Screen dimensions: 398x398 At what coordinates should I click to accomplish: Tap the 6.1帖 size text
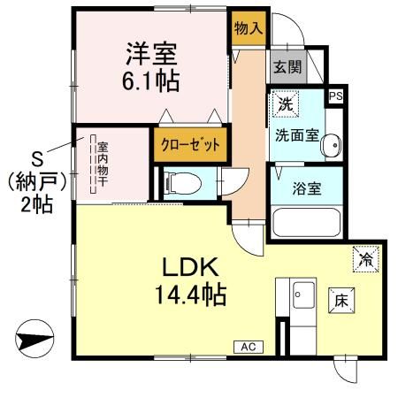click(x=152, y=82)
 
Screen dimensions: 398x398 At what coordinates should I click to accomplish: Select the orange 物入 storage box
click(x=247, y=28)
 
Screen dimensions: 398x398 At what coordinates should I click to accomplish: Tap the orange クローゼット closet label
click(x=189, y=143)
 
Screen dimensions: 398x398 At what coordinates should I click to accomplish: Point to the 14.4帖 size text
click(x=188, y=293)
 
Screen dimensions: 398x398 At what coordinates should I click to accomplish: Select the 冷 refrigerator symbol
click(x=365, y=258)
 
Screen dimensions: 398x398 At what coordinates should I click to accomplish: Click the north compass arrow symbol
click(x=33, y=339)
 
